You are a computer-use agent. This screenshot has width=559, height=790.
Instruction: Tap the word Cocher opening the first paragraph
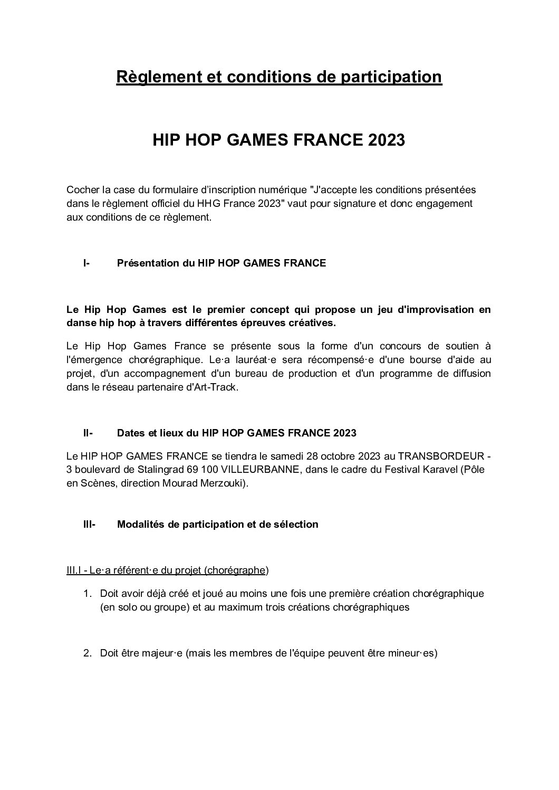(x=82, y=189)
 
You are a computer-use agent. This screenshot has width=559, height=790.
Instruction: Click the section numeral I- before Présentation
(x=86, y=263)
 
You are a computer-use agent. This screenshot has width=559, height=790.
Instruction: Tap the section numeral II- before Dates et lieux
(x=88, y=433)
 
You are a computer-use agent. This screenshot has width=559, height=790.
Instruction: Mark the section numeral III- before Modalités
(x=89, y=525)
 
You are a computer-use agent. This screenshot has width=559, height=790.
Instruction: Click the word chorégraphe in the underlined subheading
(x=235, y=570)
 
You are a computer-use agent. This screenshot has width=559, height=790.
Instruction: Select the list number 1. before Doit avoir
(x=88, y=594)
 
